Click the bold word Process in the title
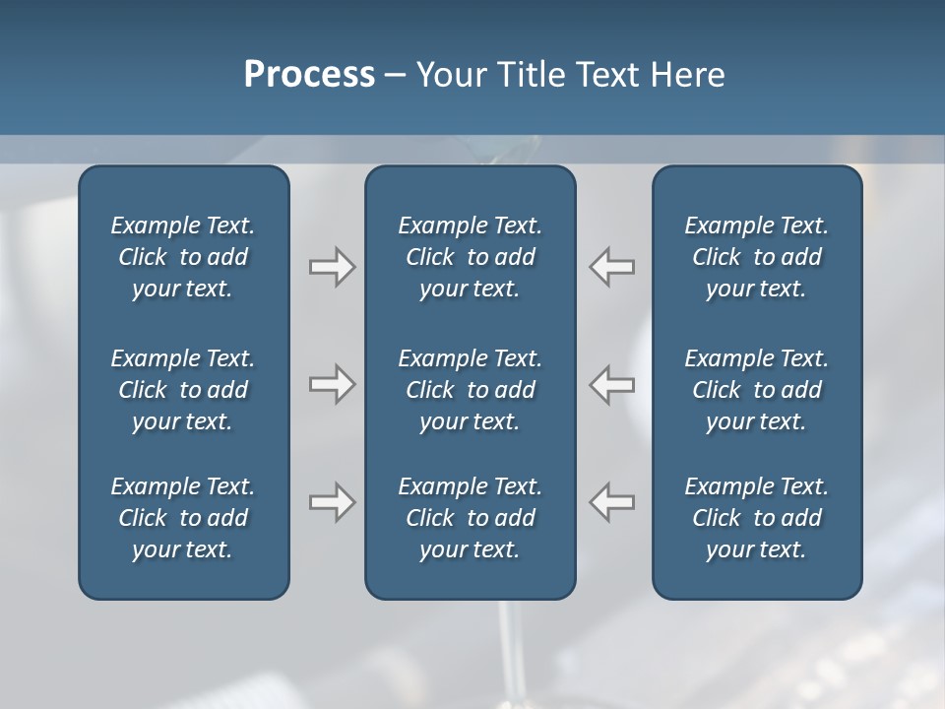pos(309,74)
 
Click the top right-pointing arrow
pos(332,267)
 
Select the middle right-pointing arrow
pos(332,384)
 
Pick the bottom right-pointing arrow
pos(332,502)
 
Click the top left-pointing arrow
pos(612,267)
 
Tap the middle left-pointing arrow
pos(612,384)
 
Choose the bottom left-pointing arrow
pos(612,502)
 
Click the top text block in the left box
pos(183,257)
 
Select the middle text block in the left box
pos(183,390)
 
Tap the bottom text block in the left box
pos(183,518)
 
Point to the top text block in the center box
pos(471,257)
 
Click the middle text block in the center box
pos(471,390)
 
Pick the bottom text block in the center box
pos(471,518)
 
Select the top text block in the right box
pos(757,257)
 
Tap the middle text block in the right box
pos(757,390)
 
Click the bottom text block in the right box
pos(757,518)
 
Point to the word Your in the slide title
pos(450,74)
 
